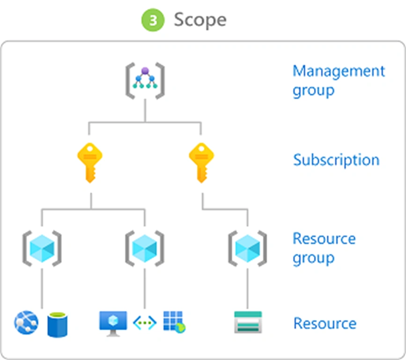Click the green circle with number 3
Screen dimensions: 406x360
[x=153, y=20]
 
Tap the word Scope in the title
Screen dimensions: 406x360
[x=200, y=20]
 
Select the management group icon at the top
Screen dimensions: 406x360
[x=145, y=81]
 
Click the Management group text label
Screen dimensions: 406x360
[x=339, y=81]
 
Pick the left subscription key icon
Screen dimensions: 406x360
[x=90, y=163]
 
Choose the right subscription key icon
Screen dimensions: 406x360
[x=201, y=163]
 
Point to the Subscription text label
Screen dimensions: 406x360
[x=336, y=160]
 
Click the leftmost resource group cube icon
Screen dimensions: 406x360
[x=42, y=248]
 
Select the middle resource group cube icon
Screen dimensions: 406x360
[x=145, y=248]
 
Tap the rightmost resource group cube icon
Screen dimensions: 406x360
[x=248, y=248]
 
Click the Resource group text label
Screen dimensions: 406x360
[x=324, y=248]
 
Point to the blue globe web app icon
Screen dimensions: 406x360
[x=26, y=322]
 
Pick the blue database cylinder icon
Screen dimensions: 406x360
[x=58, y=325]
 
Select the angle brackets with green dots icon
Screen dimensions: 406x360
[x=145, y=322]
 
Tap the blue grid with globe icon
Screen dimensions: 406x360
[x=175, y=322]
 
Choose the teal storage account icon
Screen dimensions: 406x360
[x=248, y=322]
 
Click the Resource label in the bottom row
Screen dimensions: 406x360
[x=325, y=323]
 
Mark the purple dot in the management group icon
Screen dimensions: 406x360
[x=145, y=71]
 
